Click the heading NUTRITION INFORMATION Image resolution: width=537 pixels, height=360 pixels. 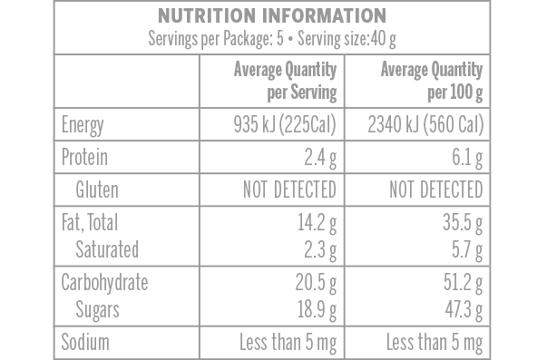tap(271, 16)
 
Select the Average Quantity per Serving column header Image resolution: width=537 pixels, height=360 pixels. tap(286, 81)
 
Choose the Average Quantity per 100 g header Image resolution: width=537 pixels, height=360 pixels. tap(431, 81)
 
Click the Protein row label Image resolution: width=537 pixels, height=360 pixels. tap(84, 157)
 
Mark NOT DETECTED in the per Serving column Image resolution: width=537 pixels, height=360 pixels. tap(288, 190)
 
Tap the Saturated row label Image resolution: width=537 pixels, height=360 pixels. tap(107, 248)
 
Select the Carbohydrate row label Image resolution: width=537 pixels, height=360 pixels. tap(104, 282)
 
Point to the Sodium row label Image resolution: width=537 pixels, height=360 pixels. tap(85, 342)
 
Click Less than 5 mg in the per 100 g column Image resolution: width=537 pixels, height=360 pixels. tap(434, 342)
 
